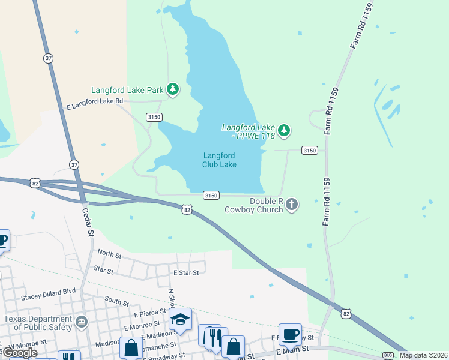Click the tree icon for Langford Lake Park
173,89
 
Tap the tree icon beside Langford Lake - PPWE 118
284,130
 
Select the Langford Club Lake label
219,160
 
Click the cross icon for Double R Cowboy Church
292,205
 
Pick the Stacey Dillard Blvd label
48,290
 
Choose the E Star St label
185,272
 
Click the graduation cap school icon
179,320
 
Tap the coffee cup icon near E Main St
291,334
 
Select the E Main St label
292,348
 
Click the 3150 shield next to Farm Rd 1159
309,150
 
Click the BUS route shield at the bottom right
387,355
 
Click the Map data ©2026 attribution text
423,355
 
